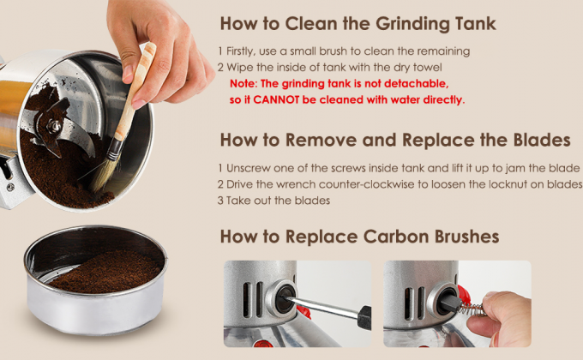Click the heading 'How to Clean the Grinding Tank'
click(358, 24)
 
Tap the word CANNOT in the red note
click(276, 99)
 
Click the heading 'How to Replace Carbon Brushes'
click(359, 237)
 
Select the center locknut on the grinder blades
click(54, 127)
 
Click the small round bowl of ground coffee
click(95, 279)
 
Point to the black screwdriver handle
click(364, 317)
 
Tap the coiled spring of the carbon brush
click(471, 309)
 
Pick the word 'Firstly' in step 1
click(241, 51)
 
